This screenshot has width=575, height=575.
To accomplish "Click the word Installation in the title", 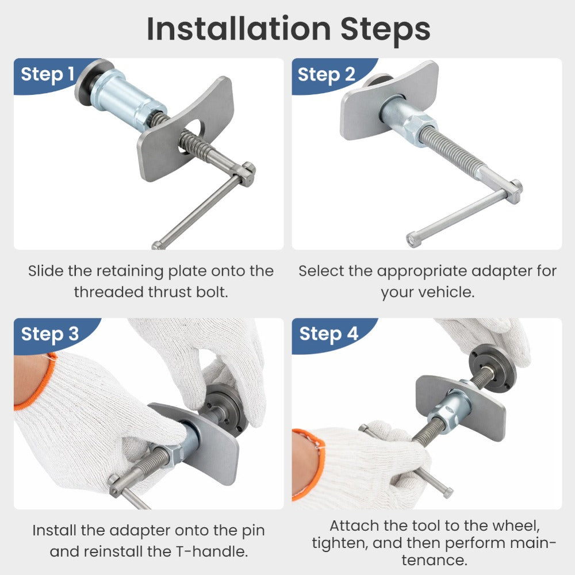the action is tap(239, 29).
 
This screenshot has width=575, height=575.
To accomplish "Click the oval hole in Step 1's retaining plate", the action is tap(191, 136).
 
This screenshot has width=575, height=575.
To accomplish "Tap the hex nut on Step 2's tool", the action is tap(420, 128).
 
